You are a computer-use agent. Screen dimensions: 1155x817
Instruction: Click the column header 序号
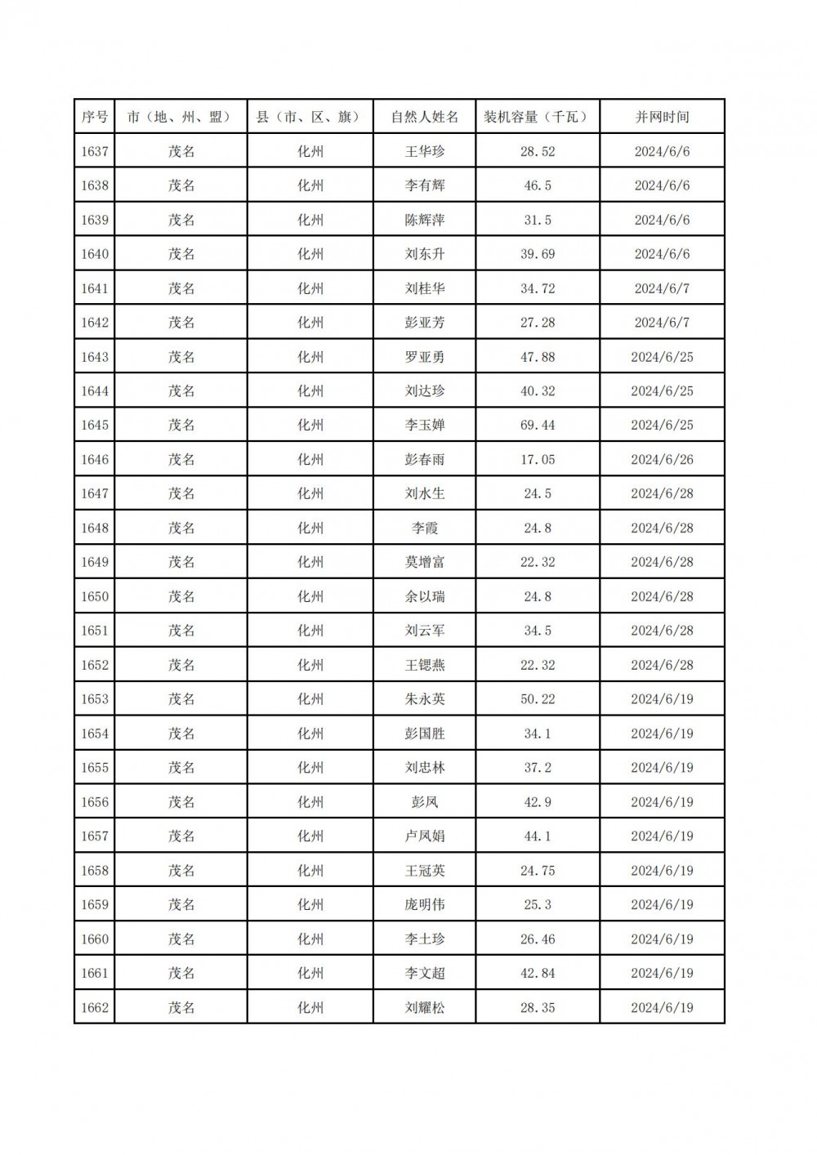point(95,117)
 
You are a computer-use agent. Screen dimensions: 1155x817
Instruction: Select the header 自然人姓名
point(425,117)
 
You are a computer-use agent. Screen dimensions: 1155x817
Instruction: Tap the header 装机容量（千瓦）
point(538,117)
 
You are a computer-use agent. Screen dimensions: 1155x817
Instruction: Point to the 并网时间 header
point(662,117)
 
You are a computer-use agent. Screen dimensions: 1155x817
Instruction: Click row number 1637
point(95,151)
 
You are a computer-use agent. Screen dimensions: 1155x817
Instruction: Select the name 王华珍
point(425,151)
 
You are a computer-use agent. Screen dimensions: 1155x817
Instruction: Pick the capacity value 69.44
point(538,426)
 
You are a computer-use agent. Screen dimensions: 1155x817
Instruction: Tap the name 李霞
point(425,528)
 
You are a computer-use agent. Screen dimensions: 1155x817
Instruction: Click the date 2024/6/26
point(662,460)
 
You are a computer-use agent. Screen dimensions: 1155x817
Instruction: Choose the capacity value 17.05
point(538,460)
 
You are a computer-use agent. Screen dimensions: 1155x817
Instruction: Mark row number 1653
point(95,699)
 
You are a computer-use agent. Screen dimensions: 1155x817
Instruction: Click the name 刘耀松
point(425,1008)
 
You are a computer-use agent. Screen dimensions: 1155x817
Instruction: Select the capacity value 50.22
point(538,699)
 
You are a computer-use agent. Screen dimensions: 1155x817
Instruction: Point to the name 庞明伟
point(425,905)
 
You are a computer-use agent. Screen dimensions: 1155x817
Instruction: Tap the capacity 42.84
point(538,974)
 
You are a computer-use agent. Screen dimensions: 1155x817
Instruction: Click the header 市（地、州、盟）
point(181,117)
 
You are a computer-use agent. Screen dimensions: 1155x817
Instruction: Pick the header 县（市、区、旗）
point(310,117)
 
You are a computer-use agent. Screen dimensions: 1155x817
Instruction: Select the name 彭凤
point(425,802)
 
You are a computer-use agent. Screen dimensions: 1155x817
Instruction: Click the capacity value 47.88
point(538,357)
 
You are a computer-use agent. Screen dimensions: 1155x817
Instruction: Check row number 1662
point(95,1008)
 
